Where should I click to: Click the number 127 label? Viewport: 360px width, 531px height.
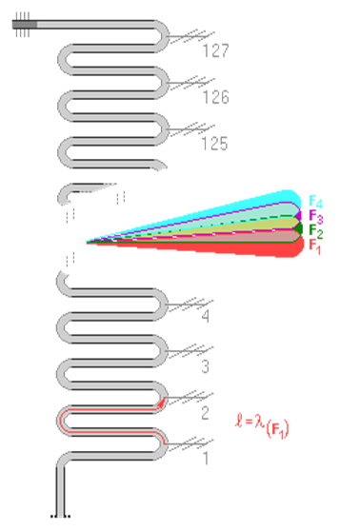tap(216, 50)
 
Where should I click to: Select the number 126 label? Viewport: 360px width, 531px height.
tap(216, 97)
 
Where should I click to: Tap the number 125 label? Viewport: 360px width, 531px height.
tap(215, 144)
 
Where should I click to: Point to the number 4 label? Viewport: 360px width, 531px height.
tap(206, 316)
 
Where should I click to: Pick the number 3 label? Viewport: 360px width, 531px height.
tap(205, 366)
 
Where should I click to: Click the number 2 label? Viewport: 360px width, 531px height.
tap(205, 413)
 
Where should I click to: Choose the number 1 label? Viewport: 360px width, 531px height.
tap(206, 458)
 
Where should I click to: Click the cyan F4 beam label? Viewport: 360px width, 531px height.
tap(315, 202)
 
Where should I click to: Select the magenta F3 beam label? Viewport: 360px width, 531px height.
tap(316, 217)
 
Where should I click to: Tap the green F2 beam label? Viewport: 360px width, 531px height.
tap(316, 231)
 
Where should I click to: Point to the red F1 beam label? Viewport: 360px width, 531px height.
tap(315, 246)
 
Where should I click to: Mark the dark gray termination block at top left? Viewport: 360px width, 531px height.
tap(25, 25)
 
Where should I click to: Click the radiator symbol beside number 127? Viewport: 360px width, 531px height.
tap(191, 36)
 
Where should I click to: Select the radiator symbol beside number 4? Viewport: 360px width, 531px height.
tap(190, 305)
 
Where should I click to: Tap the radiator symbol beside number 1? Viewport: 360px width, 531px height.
tap(190, 444)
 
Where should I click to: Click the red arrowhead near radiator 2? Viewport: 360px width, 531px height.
tap(162, 403)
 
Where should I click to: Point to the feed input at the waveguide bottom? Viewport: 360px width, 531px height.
tap(60, 516)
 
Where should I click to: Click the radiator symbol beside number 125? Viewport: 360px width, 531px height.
tap(191, 129)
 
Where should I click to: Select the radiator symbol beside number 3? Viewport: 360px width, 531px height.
tap(190, 351)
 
